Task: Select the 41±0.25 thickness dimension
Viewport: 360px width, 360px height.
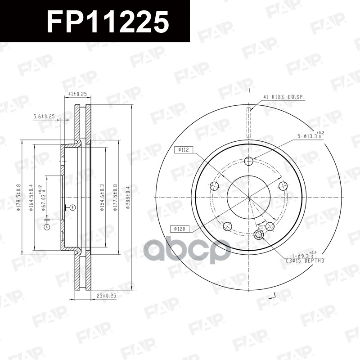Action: tap(77, 94)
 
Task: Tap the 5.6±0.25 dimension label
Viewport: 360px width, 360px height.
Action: tap(44, 117)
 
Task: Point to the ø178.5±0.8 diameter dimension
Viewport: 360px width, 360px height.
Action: tap(18, 197)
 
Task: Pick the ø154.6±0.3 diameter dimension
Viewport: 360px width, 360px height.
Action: tap(103, 197)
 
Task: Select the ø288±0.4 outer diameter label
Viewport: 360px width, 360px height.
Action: tap(128, 197)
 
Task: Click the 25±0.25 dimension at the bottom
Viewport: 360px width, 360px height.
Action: tap(106, 296)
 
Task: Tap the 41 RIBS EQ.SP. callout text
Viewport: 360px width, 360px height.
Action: tap(283, 97)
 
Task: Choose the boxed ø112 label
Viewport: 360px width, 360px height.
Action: tap(183, 150)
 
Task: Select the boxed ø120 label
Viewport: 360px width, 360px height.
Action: tap(180, 229)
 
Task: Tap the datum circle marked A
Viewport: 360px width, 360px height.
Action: tap(46, 227)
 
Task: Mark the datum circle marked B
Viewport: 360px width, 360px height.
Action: tap(72, 207)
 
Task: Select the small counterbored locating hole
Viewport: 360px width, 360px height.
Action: tap(259, 234)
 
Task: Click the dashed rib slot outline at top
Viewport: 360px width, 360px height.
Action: tap(249, 121)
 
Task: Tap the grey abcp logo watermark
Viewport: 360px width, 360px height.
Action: tap(187, 250)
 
